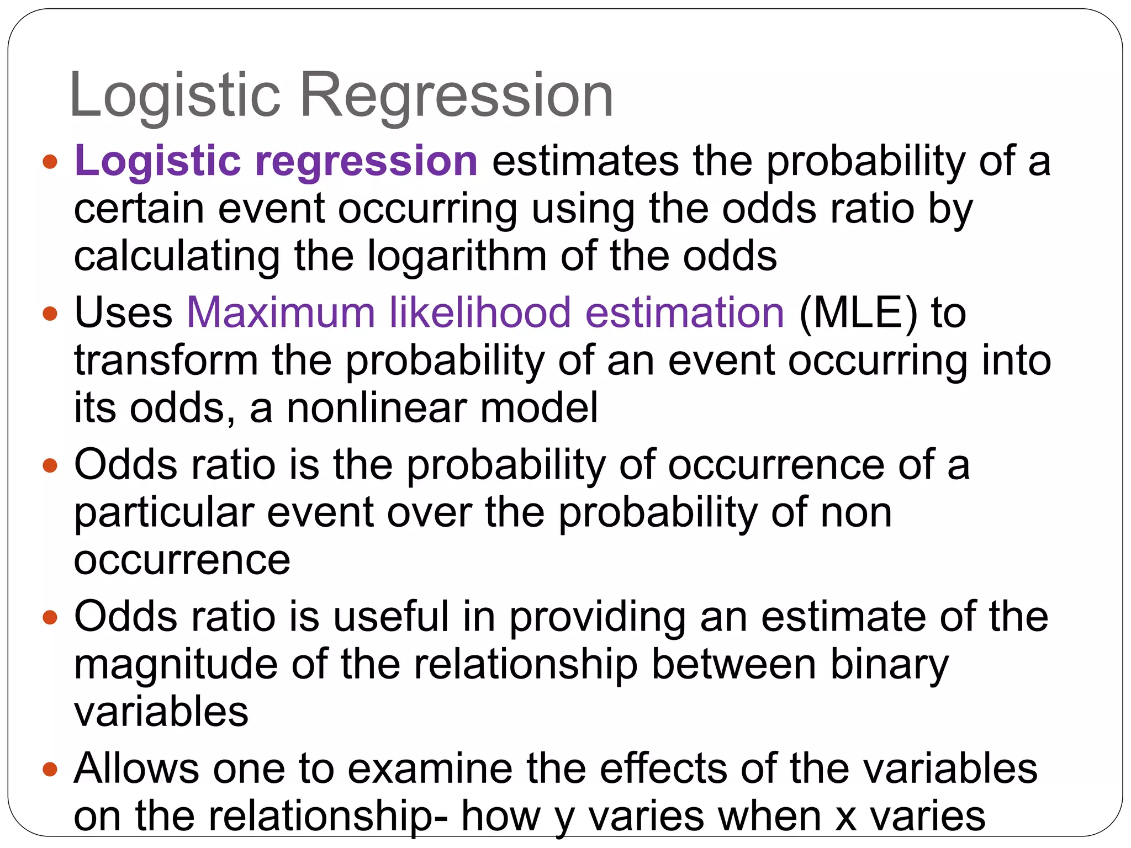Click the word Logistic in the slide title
[x=175, y=95]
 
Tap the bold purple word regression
[x=366, y=161]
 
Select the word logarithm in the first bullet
[x=457, y=257]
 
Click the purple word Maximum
[x=281, y=312]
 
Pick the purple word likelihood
[x=480, y=312]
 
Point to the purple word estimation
[x=684, y=312]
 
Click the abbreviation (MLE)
[x=858, y=314]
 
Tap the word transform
[x=166, y=361]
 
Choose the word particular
[x=164, y=513]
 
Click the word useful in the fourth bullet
[x=391, y=616]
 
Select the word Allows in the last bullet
[x=136, y=768]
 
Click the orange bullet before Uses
[x=50, y=314]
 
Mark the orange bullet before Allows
[x=50, y=769]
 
